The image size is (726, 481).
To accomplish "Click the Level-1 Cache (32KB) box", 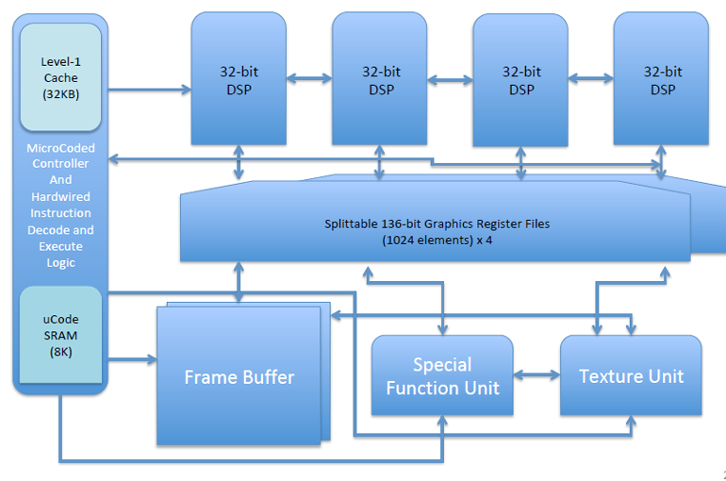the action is tap(60, 77).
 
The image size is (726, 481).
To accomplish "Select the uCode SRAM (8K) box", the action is tap(60, 335).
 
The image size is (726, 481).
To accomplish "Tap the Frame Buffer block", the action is tap(239, 376).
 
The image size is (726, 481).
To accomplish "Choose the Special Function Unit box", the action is tap(442, 375).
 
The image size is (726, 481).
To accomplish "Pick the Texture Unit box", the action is tap(631, 375).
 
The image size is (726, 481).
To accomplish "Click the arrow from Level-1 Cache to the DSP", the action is tap(150, 90).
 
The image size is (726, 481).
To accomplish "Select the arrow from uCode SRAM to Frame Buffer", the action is tap(132, 359).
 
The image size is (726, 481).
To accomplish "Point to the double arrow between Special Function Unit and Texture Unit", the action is tap(536, 375).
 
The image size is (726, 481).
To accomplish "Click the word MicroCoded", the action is tap(60, 148).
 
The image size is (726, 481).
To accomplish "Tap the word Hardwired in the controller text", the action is tap(60, 197).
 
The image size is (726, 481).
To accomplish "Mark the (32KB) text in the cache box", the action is tap(60, 94).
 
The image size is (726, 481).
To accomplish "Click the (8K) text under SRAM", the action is tap(60, 353).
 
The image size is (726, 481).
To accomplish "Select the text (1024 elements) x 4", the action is tap(437, 240).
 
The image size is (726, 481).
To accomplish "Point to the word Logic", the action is tap(60, 263).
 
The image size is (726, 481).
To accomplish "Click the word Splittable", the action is tap(351, 224).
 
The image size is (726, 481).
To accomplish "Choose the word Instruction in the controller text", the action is tap(60, 213).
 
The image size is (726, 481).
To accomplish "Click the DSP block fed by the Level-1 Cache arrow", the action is tap(239, 78).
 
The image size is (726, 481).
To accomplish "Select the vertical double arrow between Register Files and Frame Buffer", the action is tap(239, 282).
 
